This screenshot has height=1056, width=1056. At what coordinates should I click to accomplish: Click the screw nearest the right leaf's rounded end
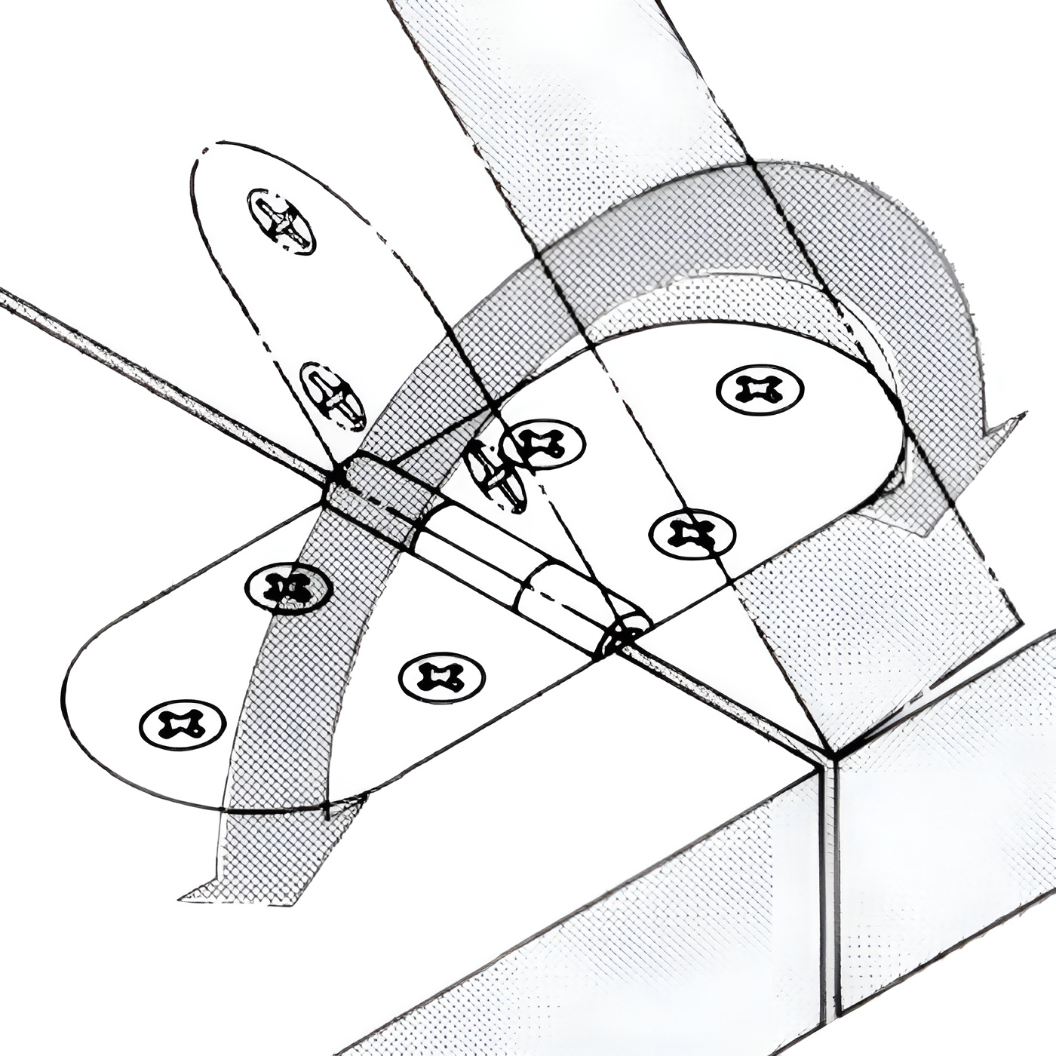[760, 389]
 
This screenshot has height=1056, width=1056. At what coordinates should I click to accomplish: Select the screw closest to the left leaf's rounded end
[183, 725]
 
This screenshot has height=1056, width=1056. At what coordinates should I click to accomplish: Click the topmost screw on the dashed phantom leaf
[282, 220]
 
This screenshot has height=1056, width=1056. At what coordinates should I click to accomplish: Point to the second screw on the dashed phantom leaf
[333, 395]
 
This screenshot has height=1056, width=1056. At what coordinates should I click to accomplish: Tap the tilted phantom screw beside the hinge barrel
[495, 474]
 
